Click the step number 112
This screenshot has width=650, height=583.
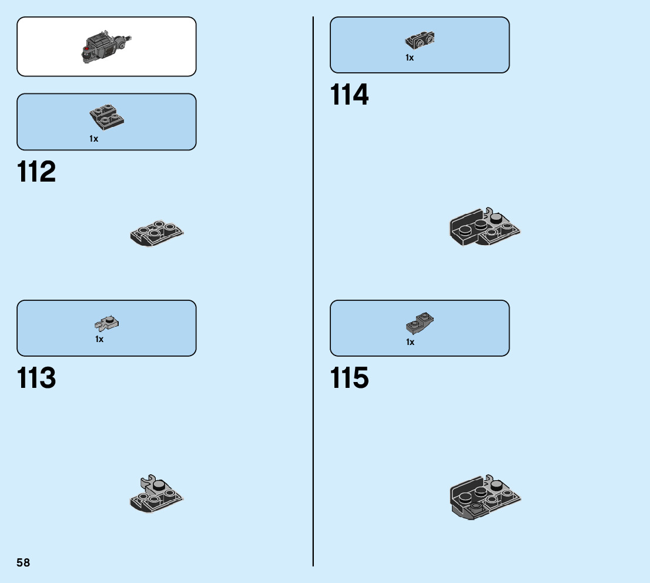36,172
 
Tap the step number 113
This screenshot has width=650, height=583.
36,378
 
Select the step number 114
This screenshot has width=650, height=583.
350,95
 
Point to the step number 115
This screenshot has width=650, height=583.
350,378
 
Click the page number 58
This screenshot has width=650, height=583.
24,562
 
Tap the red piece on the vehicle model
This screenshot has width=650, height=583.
88,41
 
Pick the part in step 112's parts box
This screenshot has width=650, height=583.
106,116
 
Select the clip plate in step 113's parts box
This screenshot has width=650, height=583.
107,323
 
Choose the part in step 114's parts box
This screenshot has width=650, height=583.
420,40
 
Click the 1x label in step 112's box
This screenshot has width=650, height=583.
94,139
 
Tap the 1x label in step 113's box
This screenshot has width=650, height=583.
99,339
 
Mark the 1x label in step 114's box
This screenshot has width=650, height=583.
410,58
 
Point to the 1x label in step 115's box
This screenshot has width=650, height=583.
410,342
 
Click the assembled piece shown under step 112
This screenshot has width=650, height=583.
156,234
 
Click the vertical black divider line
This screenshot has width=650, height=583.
313,294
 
